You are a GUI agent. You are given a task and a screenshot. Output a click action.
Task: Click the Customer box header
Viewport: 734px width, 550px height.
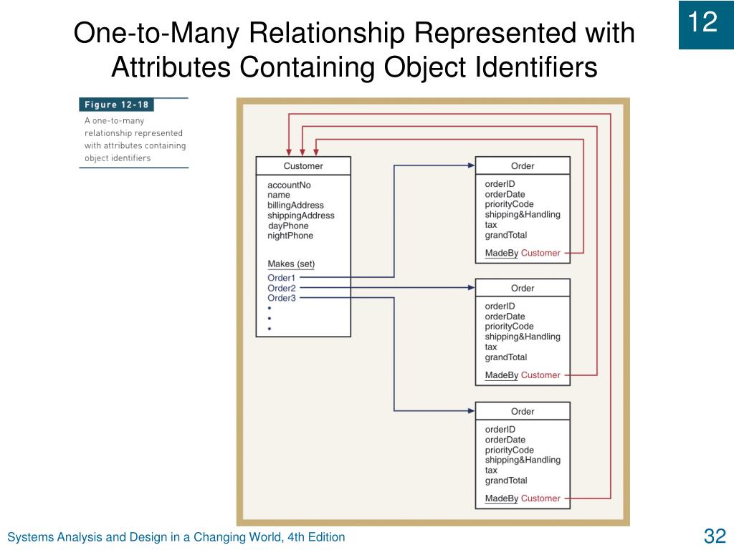coord(303,166)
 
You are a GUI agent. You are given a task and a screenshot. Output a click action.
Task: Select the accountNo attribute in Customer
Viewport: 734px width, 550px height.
coord(289,185)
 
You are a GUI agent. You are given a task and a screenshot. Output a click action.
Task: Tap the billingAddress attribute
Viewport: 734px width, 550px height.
coord(295,206)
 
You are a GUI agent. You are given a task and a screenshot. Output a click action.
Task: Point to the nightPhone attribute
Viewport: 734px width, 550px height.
coord(290,236)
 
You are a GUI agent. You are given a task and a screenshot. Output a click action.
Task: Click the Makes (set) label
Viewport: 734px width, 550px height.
coord(291,264)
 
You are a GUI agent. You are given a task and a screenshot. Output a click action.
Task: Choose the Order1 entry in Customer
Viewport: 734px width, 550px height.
coord(281,278)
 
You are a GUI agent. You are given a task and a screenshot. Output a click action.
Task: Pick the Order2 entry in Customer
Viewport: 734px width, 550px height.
coord(281,288)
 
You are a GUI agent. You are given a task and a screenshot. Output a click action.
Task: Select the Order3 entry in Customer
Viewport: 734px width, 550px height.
coord(281,298)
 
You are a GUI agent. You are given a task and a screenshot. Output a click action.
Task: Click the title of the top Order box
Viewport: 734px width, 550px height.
coord(523,166)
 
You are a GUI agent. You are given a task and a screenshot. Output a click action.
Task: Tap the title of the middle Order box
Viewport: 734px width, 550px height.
coord(523,289)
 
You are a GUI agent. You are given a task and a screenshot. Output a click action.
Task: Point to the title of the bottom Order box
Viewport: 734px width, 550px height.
coord(523,412)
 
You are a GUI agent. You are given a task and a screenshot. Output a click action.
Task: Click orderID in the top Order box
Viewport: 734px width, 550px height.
coord(500,184)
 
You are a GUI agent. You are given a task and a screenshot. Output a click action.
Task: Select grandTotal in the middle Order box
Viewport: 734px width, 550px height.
coord(505,357)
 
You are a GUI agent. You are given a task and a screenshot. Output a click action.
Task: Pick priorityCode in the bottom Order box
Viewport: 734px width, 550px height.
coord(509,450)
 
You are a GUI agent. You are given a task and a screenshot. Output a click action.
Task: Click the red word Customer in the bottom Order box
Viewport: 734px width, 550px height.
coord(540,498)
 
